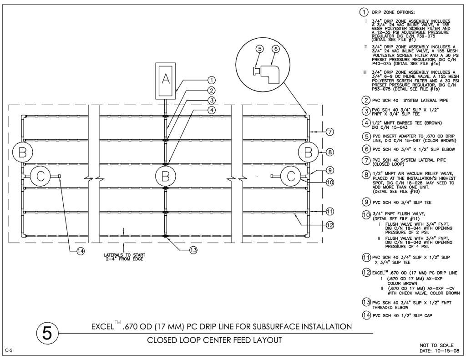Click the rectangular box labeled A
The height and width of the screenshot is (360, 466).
tap(166, 80)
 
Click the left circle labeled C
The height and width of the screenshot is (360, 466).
tap(40, 176)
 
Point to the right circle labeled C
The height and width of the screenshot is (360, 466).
tap(290, 176)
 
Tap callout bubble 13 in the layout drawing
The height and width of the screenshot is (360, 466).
tap(193, 250)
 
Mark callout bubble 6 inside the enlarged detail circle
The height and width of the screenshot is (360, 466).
tap(275, 49)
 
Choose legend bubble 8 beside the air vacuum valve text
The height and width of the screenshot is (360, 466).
tap(365, 174)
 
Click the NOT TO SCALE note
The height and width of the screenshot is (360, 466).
tap(436, 345)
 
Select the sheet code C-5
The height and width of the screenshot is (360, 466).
tap(8, 350)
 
